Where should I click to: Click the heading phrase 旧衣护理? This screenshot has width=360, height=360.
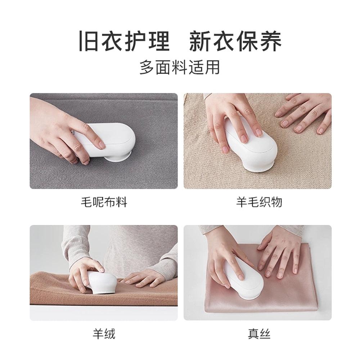tap(124, 41)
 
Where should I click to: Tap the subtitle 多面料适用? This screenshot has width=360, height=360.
tap(180, 67)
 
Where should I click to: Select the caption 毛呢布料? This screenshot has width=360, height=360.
tap(104, 202)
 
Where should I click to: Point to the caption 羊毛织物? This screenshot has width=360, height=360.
tap(259, 202)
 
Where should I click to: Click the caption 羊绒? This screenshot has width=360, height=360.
tap(104, 334)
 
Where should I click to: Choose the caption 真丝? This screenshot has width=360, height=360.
tap(259, 334)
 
